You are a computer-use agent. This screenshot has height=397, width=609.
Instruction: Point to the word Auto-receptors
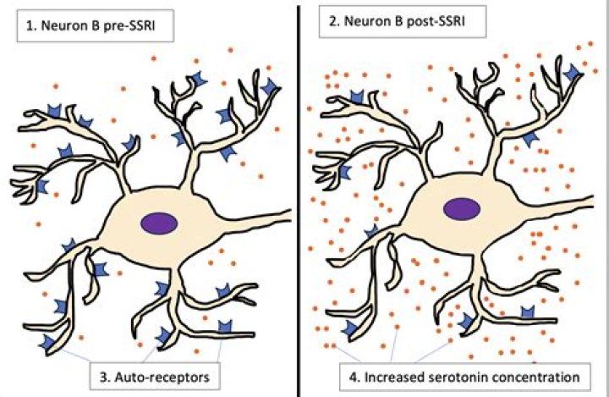[166, 373]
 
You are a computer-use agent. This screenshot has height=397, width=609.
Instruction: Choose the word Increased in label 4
[403, 373]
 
